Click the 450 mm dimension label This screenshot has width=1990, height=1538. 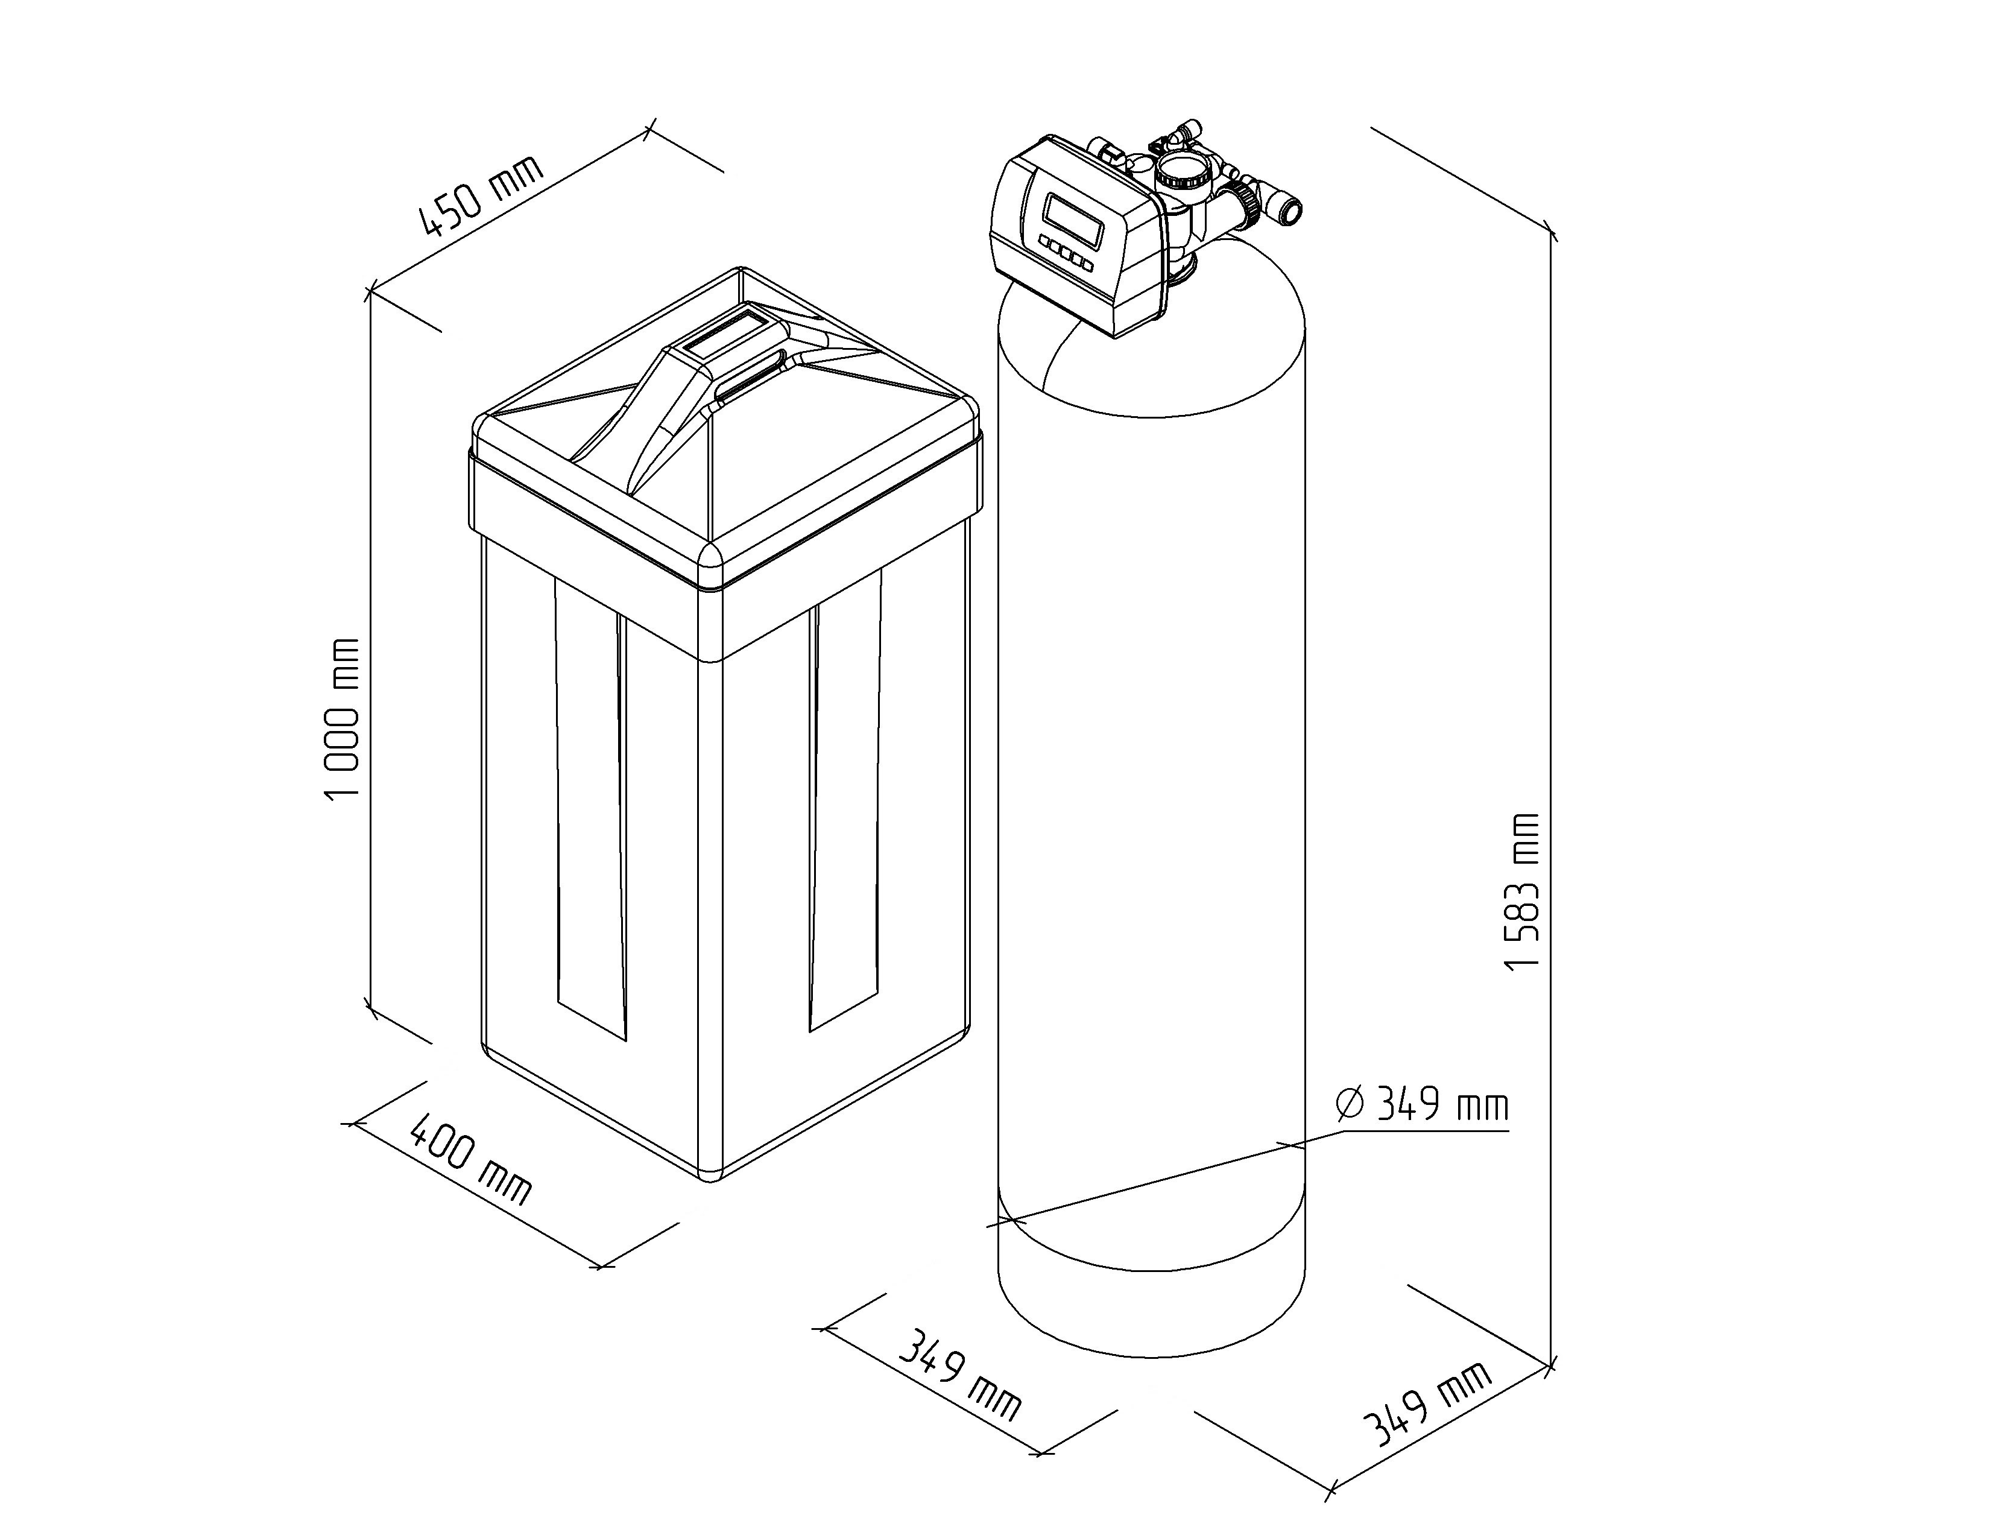click(481, 196)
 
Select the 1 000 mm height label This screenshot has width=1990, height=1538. click(344, 718)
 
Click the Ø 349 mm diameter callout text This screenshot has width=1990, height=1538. click(1423, 1104)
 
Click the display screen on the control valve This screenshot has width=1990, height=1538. click(1072, 215)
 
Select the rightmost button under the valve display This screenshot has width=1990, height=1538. click(1085, 264)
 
